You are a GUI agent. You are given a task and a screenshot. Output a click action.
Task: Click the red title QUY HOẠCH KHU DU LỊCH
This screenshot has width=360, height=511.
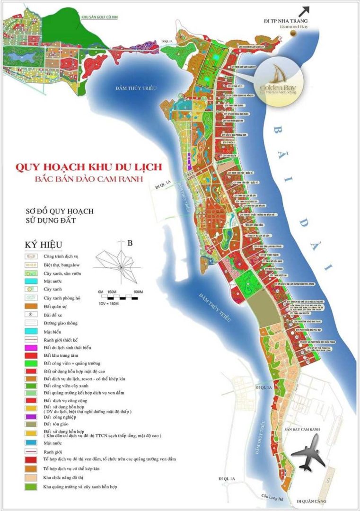tap(89, 167)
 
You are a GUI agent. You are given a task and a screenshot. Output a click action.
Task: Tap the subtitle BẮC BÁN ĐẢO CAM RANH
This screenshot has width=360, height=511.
tap(89, 179)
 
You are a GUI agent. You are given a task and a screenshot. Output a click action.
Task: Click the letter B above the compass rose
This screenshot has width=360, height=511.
tap(130, 244)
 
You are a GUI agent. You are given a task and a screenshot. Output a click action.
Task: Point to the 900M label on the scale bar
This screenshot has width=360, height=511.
tap(138, 291)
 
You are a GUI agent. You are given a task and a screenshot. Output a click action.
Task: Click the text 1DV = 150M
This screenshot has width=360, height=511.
tap(109, 303)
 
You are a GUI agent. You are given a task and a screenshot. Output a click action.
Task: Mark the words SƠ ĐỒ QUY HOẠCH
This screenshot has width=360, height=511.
tap(60, 210)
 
